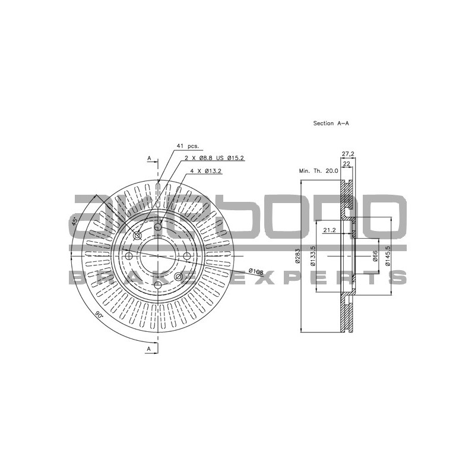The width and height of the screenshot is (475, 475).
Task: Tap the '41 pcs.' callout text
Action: point(187,145)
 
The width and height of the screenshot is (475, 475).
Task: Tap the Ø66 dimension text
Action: point(375,256)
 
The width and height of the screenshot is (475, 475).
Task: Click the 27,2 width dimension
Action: point(348,154)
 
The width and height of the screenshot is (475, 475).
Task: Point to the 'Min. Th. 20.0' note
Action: point(318,171)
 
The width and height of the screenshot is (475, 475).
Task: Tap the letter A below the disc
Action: point(150,350)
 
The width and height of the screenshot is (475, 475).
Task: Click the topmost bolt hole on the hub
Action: point(158,226)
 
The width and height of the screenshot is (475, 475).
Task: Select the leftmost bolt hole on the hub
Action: point(129,256)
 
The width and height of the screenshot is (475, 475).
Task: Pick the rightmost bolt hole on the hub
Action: point(186,256)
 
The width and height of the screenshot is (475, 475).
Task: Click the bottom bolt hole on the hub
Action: point(158,285)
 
